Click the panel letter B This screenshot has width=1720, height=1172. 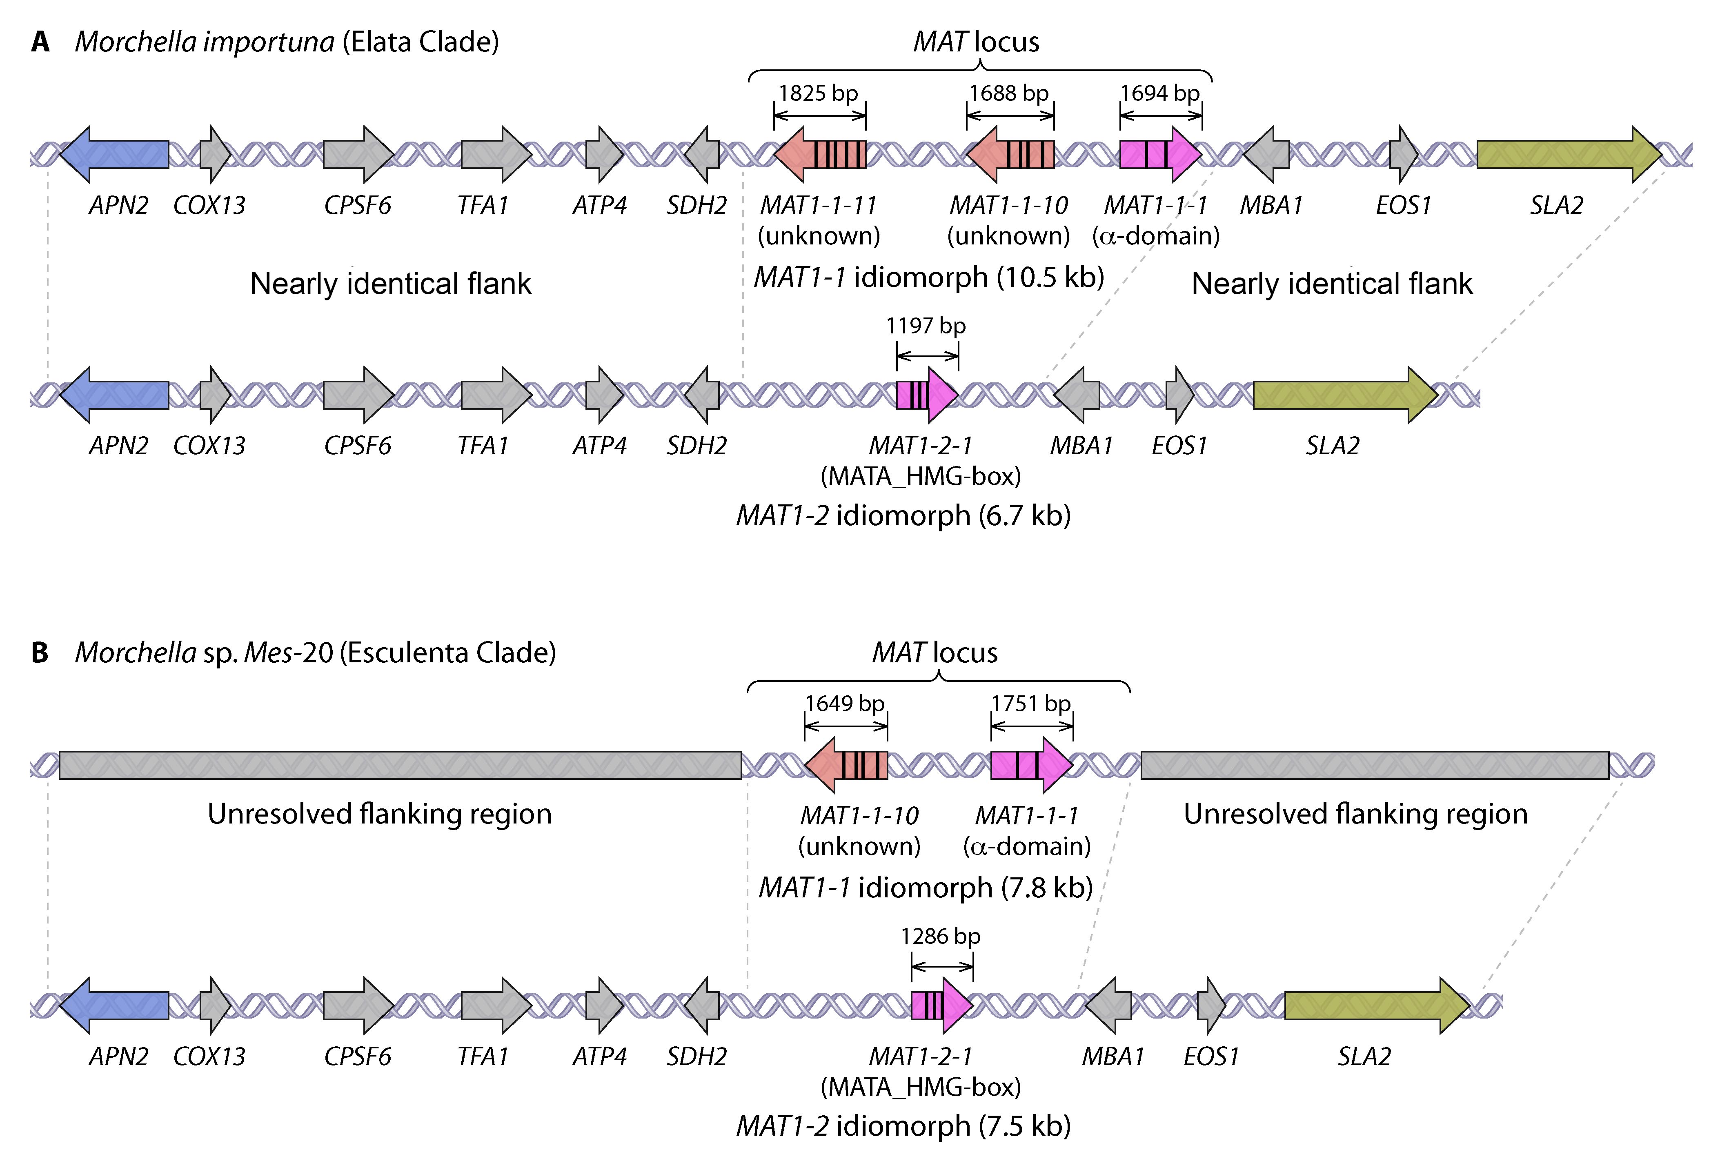tap(40, 653)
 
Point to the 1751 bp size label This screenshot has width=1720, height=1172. tap(1031, 704)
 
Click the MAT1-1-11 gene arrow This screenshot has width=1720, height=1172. tap(820, 154)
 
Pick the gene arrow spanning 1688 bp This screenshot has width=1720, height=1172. tap(1010, 154)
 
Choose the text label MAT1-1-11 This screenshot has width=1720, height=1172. tap(819, 205)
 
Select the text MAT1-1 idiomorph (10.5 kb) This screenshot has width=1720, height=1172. tap(929, 277)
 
